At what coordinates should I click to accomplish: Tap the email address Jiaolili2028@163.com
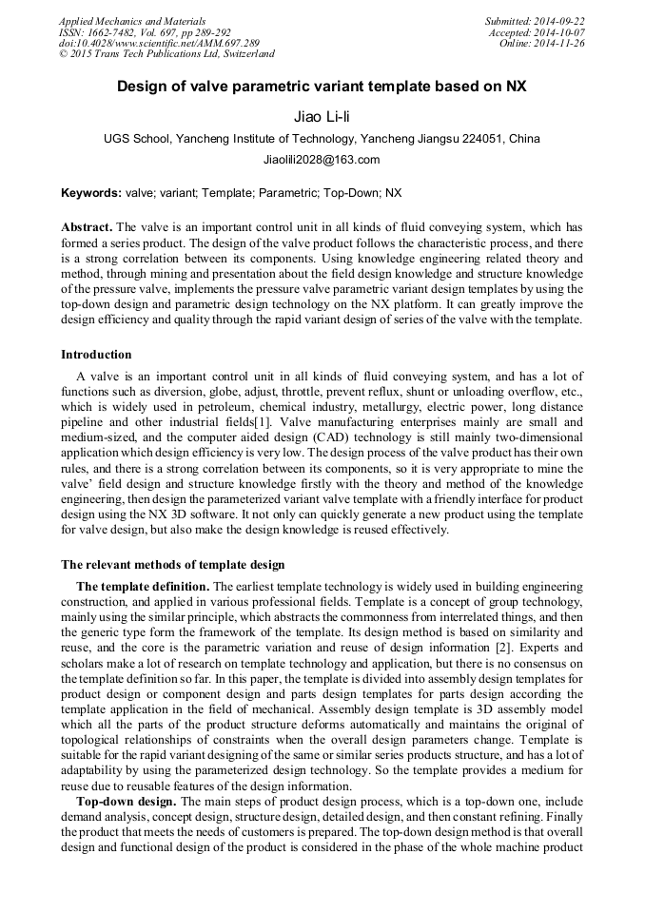click(322, 160)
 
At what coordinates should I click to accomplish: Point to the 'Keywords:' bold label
click(91, 193)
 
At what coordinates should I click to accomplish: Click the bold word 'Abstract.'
click(87, 228)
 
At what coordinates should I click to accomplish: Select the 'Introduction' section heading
click(96, 355)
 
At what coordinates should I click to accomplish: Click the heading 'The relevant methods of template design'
click(172, 566)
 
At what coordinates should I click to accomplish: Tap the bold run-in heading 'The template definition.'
click(143, 588)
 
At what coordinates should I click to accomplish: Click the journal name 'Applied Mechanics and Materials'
click(131, 21)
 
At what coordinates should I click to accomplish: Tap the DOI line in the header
click(158, 44)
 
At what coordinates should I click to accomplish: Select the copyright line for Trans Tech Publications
click(166, 55)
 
